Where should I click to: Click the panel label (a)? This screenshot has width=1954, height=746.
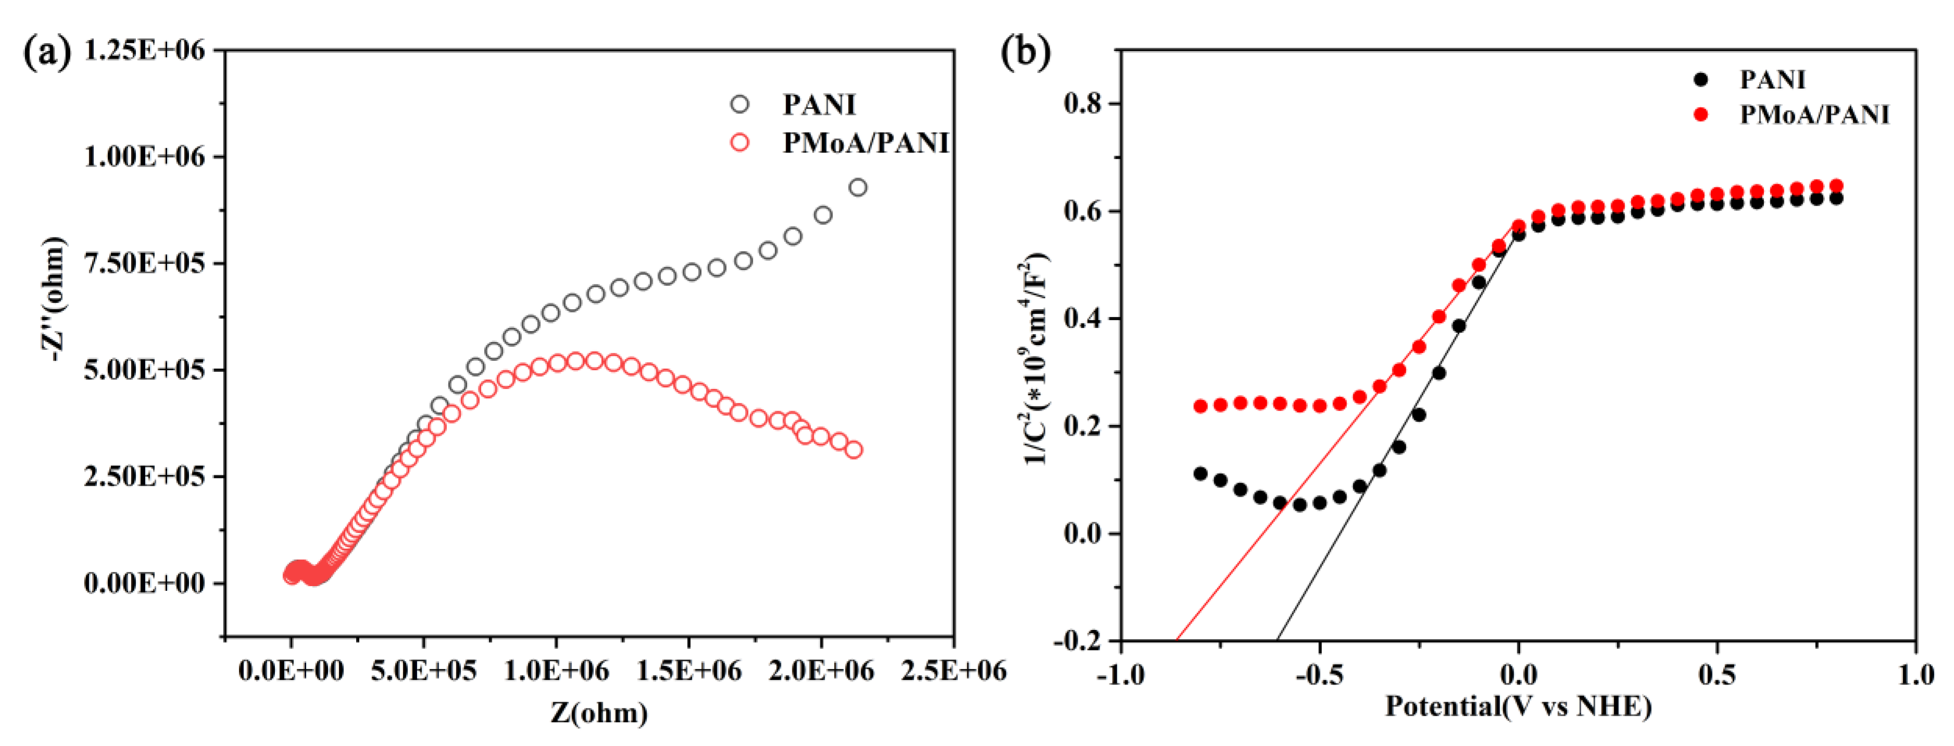click(47, 53)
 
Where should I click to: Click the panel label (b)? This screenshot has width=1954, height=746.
click(1026, 53)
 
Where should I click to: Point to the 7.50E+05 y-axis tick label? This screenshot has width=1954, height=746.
click(144, 263)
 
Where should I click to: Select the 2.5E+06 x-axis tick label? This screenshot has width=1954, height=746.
click(953, 670)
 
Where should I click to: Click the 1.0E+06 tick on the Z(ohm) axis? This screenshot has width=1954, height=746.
click(556, 670)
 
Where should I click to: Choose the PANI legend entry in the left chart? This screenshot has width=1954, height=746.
click(818, 105)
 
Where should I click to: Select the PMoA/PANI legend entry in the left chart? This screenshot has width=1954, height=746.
click(865, 143)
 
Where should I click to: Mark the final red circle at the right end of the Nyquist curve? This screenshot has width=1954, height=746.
click(853, 450)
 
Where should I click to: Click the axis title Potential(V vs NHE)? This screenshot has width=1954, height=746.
click(1518, 706)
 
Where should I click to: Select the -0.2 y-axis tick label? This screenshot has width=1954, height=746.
click(1077, 641)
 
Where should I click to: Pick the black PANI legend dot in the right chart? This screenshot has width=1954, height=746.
click(1700, 79)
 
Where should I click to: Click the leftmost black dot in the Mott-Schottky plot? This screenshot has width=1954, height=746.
click(1200, 474)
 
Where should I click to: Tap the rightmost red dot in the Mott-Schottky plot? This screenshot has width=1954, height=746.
click(1836, 186)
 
